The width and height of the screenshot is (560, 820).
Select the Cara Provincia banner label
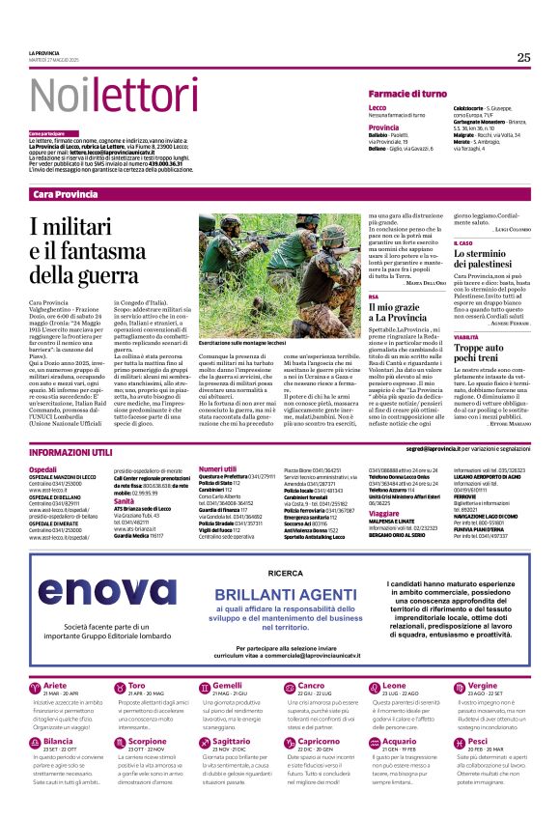(66, 195)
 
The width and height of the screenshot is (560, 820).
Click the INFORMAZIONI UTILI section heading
(72, 452)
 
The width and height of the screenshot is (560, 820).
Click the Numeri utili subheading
(217, 468)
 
